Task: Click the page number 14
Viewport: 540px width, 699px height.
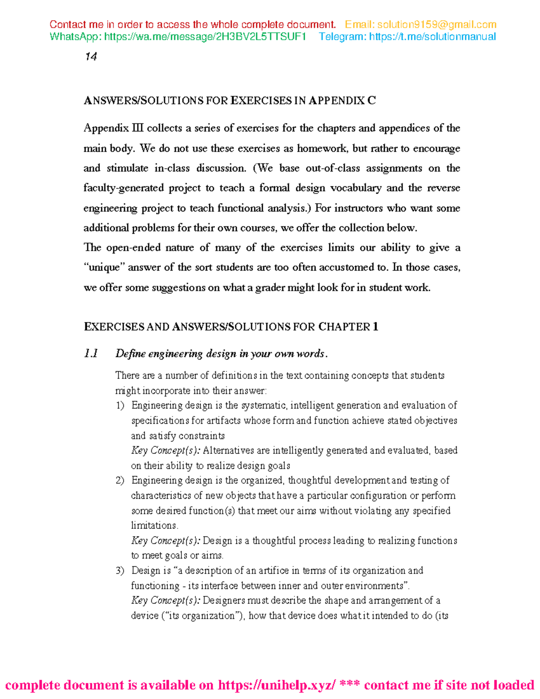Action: [x=91, y=57]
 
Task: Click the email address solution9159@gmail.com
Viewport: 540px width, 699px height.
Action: [x=436, y=25]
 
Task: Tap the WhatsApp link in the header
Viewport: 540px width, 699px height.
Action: [x=205, y=37]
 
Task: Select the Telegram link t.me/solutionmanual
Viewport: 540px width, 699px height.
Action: [x=432, y=37]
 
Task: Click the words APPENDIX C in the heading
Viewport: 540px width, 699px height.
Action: [x=342, y=101]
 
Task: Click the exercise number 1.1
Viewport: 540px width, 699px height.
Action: [x=91, y=354]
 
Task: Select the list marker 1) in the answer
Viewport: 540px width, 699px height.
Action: [x=120, y=406]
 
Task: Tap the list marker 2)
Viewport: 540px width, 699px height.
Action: [x=120, y=481]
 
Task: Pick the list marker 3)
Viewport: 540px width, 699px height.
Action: [x=120, y=571]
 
